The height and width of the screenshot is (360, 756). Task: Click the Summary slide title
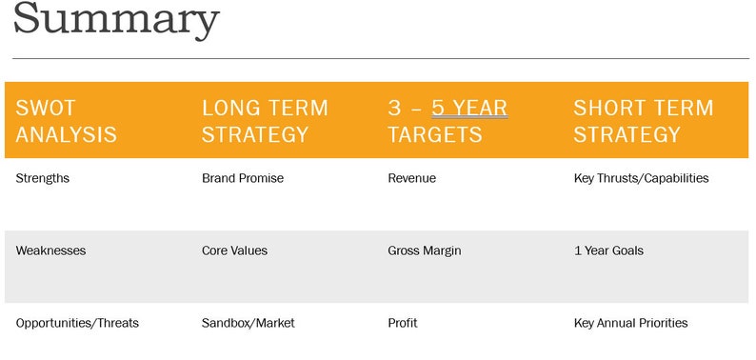pos(116,20)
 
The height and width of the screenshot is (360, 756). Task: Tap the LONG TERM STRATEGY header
pos(265,121)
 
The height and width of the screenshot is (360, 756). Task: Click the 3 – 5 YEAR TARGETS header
pos(447,121)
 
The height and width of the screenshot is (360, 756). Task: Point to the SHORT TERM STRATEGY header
pos(643,121)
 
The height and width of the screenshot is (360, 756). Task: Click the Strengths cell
pos(43,178)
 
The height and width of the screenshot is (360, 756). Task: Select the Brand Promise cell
pos(243,178)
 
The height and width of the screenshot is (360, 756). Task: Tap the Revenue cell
pos(412,178)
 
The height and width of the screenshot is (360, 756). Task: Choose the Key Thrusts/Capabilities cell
pos(641,178)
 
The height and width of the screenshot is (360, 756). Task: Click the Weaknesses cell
pos(50,250)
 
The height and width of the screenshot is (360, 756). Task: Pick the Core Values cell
pos(234,250)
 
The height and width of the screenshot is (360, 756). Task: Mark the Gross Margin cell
pos(424,250)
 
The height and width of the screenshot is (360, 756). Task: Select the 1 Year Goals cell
pos(608,250)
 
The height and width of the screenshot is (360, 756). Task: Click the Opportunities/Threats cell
pos(77,323)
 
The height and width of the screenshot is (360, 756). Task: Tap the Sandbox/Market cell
pos(248,323)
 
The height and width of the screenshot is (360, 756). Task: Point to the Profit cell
pos(402,323)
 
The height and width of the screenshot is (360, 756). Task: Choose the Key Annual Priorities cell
pos(630,323)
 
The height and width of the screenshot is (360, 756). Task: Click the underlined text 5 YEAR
pos(469,108)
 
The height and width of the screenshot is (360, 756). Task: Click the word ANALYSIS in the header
pos(67,134)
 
